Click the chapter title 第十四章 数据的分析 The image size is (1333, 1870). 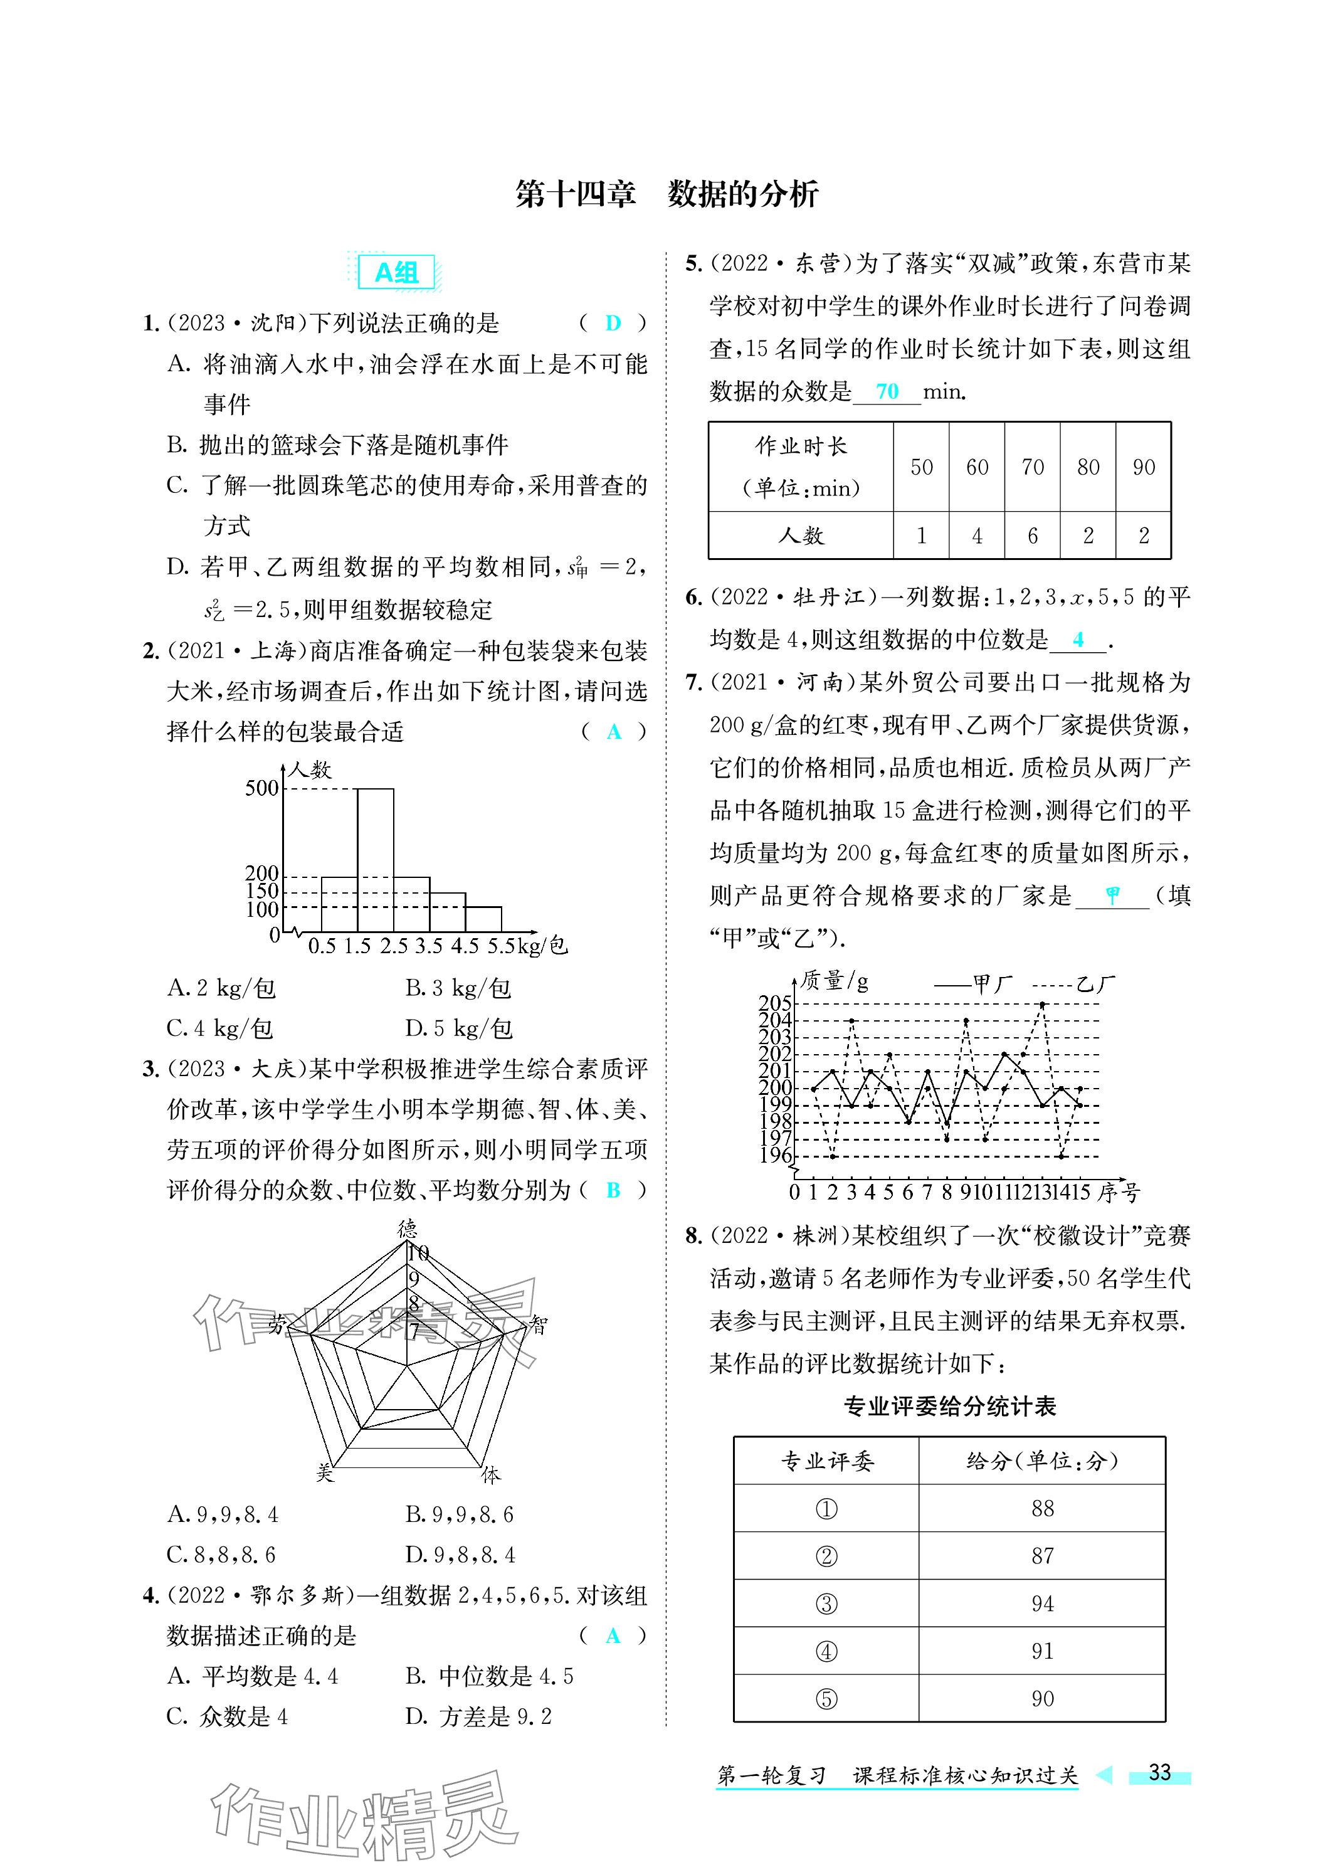coord(666,194)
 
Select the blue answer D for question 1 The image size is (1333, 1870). coord(613,324)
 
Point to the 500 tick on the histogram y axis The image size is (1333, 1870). coord(262,788)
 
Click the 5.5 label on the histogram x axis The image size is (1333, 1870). coord(502,946)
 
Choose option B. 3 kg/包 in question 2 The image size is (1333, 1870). coord(458,988)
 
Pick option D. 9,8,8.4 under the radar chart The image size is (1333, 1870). coord(460,1555)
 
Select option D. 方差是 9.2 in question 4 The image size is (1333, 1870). coord(478,1716)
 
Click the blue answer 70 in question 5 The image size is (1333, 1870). coord(887,391)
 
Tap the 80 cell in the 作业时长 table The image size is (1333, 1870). coord(1088,467)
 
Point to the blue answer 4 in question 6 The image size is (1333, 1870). coord(1078,640)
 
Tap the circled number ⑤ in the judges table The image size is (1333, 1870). coord(826,1698)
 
